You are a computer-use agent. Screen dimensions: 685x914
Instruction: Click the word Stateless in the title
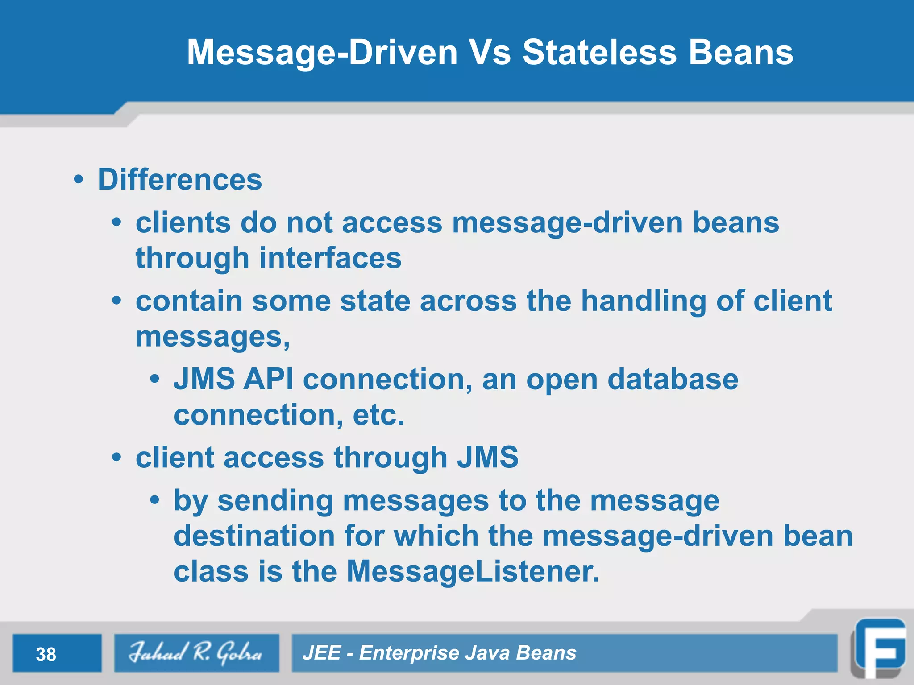coord(600,53)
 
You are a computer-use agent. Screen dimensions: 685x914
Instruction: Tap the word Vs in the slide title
coord(490,53)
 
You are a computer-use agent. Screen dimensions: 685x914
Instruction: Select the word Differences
coord(180,180)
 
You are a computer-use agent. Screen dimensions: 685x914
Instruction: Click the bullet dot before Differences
coord(79,180)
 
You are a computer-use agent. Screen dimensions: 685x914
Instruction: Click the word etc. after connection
coord(378,415)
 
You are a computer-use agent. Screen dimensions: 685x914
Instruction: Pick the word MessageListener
coord(473,571)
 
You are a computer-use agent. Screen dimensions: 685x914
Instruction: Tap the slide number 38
coord(46,654)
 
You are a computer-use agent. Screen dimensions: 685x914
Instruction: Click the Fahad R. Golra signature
coord(196,653)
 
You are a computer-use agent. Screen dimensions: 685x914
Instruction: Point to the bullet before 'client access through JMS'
coord(116,458)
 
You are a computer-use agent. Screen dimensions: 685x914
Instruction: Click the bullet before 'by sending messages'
coord(154,500)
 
